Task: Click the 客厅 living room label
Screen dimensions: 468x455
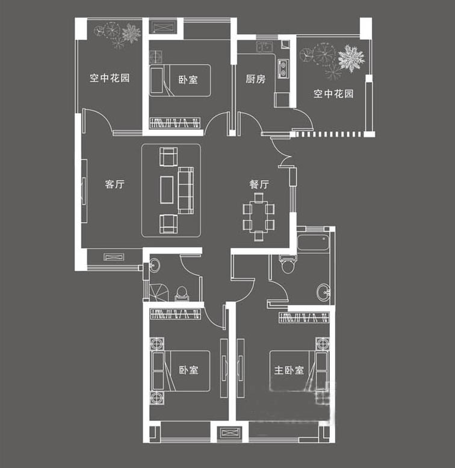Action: tap(114, 185)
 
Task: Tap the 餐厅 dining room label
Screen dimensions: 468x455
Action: tap(259, 185)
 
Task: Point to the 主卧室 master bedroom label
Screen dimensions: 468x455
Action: tap(289, 370)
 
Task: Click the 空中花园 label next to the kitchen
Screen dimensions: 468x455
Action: tap(333, 93)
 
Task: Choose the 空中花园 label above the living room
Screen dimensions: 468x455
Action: tap(110, 78)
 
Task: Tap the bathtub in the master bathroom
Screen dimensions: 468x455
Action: tap(313, 243)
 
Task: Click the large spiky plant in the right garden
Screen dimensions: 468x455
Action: tap(350, 58)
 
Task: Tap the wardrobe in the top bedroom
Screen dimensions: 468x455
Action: tap(175, 123)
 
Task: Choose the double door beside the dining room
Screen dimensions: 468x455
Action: tap(282, 154)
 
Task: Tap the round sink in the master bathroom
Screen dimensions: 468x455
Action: tap(323, 293)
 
